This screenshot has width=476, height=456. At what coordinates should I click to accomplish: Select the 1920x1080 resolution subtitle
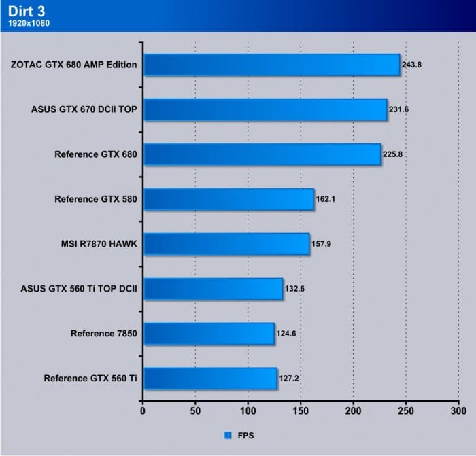coord(27,23)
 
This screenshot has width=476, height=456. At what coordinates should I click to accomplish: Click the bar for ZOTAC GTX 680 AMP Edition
coord(271,65)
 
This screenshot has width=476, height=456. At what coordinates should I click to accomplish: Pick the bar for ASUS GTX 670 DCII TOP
coord(265,109)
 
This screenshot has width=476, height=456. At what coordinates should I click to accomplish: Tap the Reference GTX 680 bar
coord(262,154)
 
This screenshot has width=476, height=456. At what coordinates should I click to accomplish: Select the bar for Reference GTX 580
coord(228,199)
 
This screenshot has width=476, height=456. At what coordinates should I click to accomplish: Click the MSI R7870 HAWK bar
coord(226,244)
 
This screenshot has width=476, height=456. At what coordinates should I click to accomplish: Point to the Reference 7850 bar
coord(209,334)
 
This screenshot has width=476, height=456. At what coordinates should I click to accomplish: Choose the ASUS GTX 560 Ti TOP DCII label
coord(80,289)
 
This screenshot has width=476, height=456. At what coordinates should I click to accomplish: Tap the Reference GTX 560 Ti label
coord(90,379)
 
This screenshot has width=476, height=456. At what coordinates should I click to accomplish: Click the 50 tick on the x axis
coord(195,410)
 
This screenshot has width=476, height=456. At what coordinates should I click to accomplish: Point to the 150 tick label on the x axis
coord(301,410)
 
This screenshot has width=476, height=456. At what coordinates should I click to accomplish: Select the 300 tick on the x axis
coord(458,410)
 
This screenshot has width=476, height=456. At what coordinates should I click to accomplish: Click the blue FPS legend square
coord(228,434)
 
